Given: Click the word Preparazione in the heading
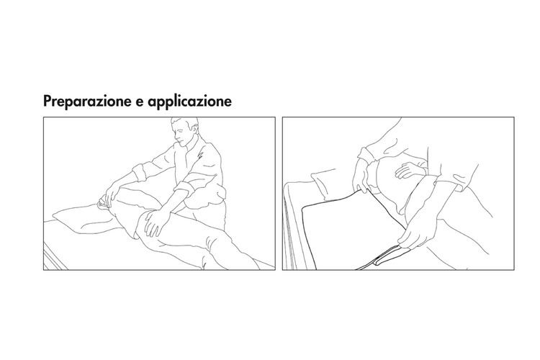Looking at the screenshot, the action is click(x=87, y=102).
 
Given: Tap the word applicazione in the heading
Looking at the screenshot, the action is click(x=190, y=102).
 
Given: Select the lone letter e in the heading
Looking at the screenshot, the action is click(x=140, y=102).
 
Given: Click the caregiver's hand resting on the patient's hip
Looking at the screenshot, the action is click(x=155, y=223).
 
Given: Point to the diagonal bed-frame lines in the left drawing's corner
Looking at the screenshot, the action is click(x=55, y=256).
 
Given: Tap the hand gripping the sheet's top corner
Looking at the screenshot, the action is click(x=361, y=176).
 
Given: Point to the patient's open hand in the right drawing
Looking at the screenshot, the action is click(x=408, y=171).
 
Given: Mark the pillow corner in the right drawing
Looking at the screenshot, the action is click(x=324, y=183).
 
